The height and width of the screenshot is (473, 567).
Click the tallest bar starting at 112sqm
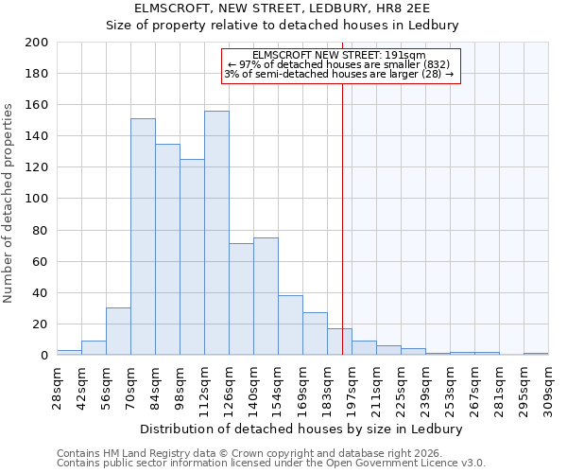click(x=216, y=233)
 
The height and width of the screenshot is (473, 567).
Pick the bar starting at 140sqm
click(x=266, y=296)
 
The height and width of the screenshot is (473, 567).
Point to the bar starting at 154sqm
click(x=290, y=324)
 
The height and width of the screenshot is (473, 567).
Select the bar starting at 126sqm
click(x=241, y=299)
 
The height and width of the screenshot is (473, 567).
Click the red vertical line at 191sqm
click(x=342, y=218)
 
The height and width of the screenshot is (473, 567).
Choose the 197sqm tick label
click(x=352, y=385)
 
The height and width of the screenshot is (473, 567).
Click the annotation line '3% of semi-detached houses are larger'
click(x=339, y=74)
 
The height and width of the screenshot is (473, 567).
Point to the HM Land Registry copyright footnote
click(x=251, y=453)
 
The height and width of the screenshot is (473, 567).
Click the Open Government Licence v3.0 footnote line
click(x=271, y=464)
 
